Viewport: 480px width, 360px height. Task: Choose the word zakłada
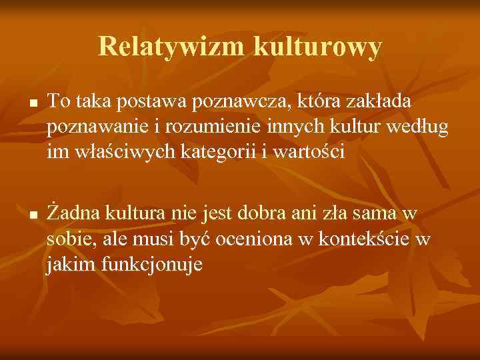(x=382, y=101)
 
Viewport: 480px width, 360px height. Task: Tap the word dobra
(x=274, y=214)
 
